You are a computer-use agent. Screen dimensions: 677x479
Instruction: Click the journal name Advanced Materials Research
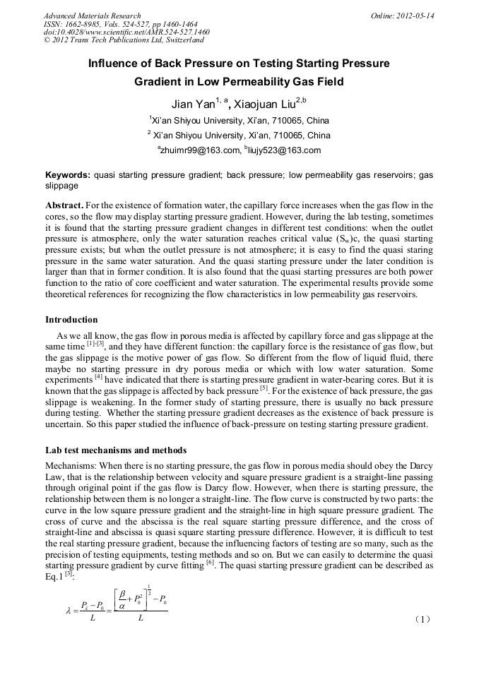(92, 16)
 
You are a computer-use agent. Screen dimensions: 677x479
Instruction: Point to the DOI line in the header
(126, 32)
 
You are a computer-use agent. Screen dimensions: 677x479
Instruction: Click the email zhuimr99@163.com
(201, 150)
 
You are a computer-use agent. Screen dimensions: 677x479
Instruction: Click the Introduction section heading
(71, 320)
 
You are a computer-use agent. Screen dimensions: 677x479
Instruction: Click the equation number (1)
(422, 619)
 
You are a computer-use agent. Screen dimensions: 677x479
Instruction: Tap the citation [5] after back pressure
(264, 388)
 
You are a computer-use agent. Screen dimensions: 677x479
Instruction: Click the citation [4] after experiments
(99, 377)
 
